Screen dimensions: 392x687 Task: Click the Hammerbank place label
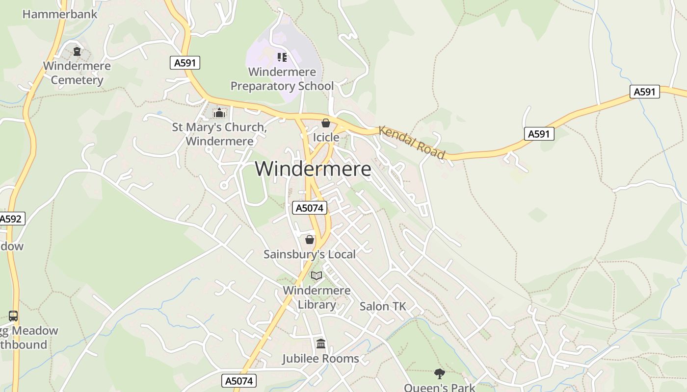(x=60, y=14)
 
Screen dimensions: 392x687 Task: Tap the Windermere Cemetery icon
(x=77, y=51)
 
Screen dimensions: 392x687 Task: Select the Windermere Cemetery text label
(x=77, y=73)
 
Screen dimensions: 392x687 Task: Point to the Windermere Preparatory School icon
(x=282, y=57)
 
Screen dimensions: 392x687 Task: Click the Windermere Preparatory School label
(x=282, y=79)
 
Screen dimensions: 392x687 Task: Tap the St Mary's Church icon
(x=219, y=113)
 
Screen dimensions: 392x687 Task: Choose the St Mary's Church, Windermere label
(x=219, y=134)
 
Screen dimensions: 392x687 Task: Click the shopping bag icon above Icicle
(x=325, y=123)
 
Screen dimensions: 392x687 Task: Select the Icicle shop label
(x=326, y=137)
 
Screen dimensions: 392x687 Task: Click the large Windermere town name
(x=313, y=169)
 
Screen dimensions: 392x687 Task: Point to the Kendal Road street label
(x=412, y=143)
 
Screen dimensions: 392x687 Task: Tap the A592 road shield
(x=11, y=219)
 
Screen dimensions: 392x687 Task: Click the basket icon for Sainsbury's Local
(x=310, y=240)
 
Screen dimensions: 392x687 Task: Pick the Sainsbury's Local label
(x=310, y=254)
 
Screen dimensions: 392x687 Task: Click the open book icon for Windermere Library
(x=317, y=276)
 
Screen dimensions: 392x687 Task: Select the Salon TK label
(x=383, y=307)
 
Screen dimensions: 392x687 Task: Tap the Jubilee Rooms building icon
(x=321, y=344)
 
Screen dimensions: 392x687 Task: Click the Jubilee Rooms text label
(x=320, y=359)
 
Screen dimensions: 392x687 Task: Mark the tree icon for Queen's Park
(x=440, y=374)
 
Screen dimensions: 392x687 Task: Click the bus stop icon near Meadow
(x=13, y=316)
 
